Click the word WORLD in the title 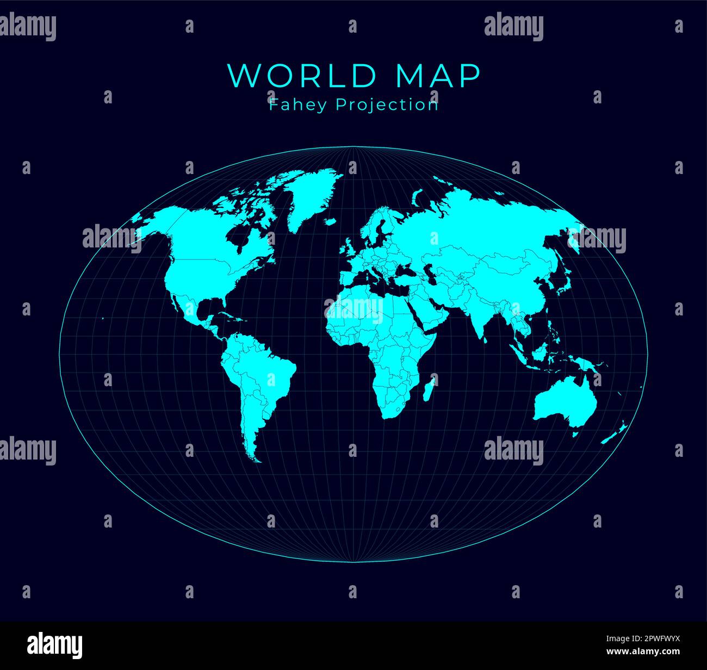pyautogui.click(x=305, y=76)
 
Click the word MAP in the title pyautogui.click(x=438, y=76)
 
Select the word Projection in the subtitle pyautogui.click(x=387, y=104)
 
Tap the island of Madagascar pyautogui.click(x=429, y=389)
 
